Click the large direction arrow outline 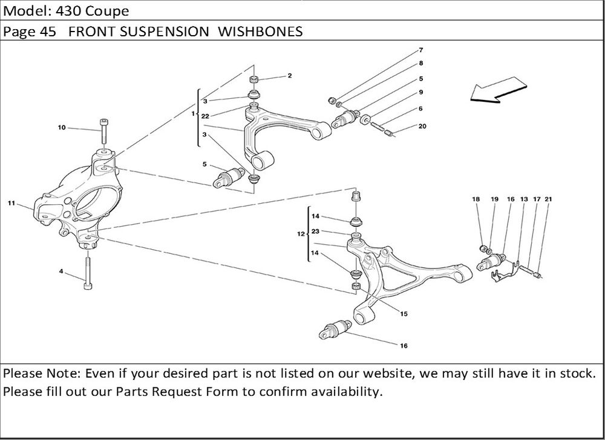coord(495,90)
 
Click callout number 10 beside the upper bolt coord(62,128)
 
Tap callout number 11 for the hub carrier coord(11,204)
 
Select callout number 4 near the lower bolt coord(61,272)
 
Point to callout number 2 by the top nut coord(290,76)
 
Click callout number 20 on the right coord(422,127)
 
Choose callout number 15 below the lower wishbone coord(404,313)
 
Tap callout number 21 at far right coord(548,199)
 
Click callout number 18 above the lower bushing coord(476,199)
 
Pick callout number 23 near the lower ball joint coord(315,232)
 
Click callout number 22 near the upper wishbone coord(206,116)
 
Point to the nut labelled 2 coord(255,80)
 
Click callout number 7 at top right coord(420,49)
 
